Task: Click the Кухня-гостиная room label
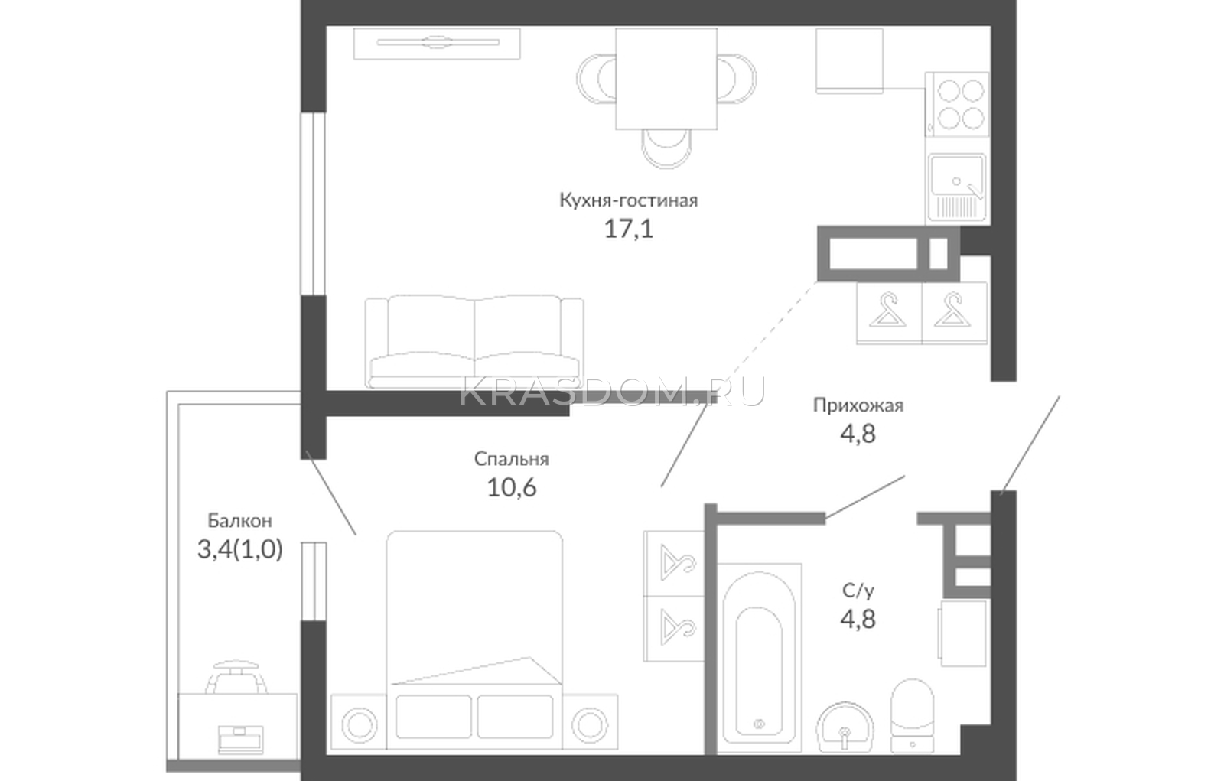(628, 200)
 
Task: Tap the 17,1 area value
(628, 229)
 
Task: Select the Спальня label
(512, 459)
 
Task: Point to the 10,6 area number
(512, 487)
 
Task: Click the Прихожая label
(858, 405)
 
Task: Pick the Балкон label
(240, 521)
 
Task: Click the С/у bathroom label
(858, 591)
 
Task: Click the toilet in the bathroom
(912, 716)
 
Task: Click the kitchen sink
(958, 187)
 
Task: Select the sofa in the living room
(474, 342)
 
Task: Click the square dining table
(666, 79)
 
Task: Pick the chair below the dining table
(666, 148)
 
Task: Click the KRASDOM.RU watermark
(611, 392)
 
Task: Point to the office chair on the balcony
(238, 677)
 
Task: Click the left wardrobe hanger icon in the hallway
(888, 311)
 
